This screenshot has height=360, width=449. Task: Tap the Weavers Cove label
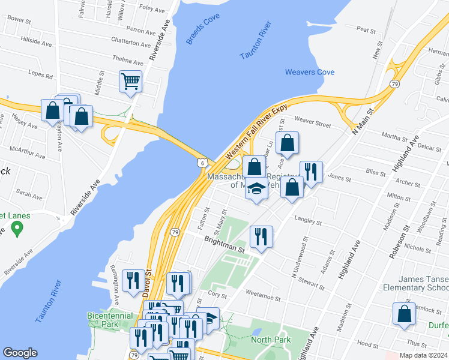[310, 73]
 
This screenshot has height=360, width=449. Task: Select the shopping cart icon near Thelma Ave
[131, 80]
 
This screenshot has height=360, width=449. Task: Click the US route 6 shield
[203, 162]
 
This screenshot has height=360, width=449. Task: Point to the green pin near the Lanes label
[17, 229]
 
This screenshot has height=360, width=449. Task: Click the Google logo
[20, 353]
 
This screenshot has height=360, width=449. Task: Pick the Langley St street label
[307, 221]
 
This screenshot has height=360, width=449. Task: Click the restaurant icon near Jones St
[311, 172]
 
